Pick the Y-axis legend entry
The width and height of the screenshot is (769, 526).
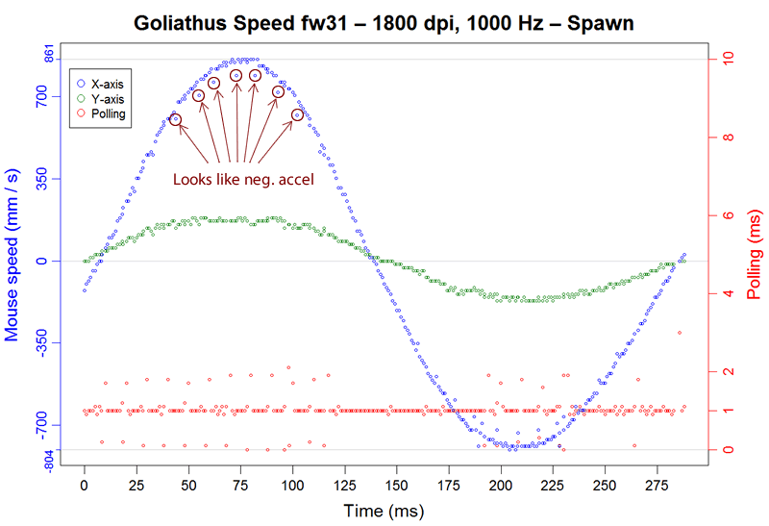click(x=107, y=98)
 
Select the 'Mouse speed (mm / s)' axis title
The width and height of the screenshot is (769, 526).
click(x=13, y=260)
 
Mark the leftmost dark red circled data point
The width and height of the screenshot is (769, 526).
click(x=175, y=119)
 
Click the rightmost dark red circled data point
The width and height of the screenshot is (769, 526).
click(x=297, y=115)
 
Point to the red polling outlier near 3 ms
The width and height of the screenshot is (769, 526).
click(x=680, y=333)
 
